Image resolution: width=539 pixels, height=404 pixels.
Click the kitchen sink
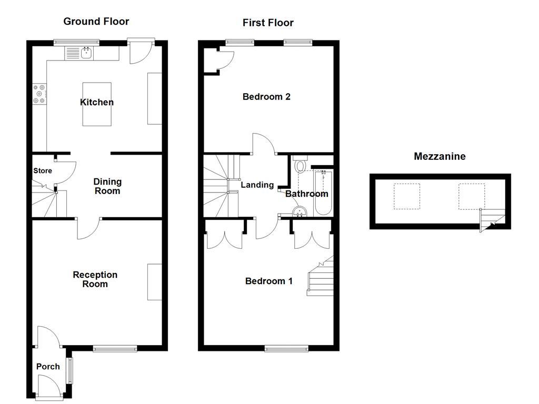point(86,53)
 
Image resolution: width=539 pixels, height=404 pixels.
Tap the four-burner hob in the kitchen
point(39,94)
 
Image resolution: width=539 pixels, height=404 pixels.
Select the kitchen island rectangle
point(97,104)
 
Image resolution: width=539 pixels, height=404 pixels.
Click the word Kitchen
point(97,102)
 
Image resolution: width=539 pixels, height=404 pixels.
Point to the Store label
point(43,171)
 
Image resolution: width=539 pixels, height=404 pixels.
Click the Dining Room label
point(107,186)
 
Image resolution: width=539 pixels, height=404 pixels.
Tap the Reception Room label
point(95,279)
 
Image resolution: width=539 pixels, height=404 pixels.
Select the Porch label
point(48,367)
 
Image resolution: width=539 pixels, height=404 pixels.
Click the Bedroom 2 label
point(266,97)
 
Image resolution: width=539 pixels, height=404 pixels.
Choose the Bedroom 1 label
point(269,281)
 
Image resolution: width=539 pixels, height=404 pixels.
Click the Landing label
point(257,185)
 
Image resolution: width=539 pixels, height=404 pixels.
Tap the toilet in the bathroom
point(301,165)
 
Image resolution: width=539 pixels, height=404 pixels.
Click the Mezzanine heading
point(440,156)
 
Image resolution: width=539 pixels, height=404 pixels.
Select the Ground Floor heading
point(96,22)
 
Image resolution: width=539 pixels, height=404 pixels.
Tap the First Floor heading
point(268,23)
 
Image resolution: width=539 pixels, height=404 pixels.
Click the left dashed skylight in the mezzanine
point(407,196)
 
